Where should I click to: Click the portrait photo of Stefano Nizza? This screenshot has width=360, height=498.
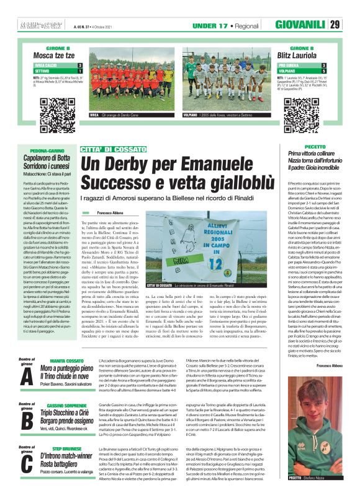pos(313,450)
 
